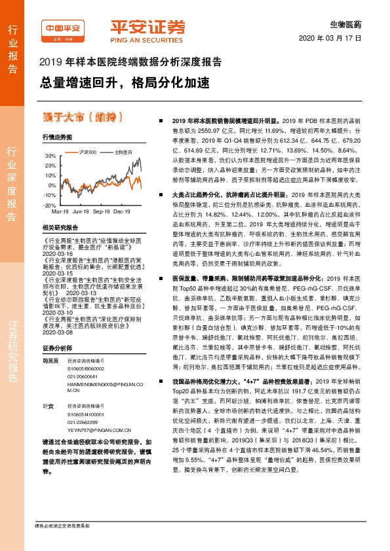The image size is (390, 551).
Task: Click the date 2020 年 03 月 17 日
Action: click(x=335, y=39)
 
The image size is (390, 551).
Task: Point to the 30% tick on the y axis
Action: click(x=50, y=157)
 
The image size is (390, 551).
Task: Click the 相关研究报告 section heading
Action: click(x=60, y=228)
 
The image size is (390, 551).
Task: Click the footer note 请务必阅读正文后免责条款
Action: click(x=62, y=544)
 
